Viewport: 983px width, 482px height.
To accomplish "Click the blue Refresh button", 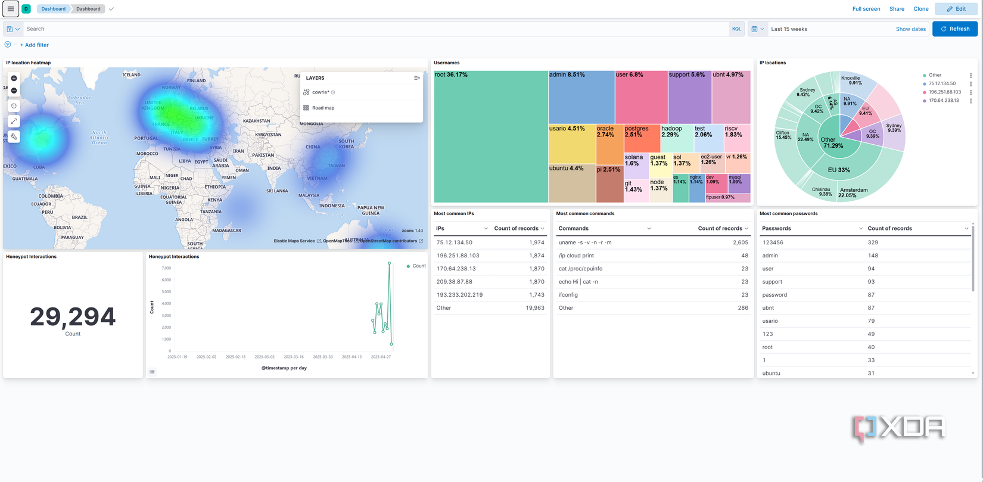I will [954, 29].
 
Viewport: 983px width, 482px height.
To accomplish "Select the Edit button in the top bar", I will [956, 9].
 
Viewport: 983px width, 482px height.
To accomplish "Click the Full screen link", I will [866, 9].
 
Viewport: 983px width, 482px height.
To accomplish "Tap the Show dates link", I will [910, 29].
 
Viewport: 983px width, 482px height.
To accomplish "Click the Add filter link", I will [35, 45].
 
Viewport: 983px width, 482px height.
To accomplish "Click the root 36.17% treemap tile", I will [490, 137].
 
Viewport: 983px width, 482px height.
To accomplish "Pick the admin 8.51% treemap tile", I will [581, 97].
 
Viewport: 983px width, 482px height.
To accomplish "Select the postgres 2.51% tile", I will [641, 138].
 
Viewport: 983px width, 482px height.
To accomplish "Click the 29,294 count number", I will [73, 317].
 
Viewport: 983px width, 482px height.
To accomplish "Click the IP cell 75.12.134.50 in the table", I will [454, 242].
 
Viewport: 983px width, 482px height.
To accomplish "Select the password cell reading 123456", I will [772, 242].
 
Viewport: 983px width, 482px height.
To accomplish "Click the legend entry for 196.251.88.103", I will [944, 92].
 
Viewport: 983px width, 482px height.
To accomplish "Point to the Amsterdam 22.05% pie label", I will [853, 192].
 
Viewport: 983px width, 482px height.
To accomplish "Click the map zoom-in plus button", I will [14, 78].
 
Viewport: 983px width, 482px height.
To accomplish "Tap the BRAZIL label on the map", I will [79, 217].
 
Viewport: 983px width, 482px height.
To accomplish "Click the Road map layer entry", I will [323, 108].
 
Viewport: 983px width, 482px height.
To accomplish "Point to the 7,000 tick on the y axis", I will [166, 268].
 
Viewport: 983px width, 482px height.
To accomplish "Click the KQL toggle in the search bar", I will [736, 29].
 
